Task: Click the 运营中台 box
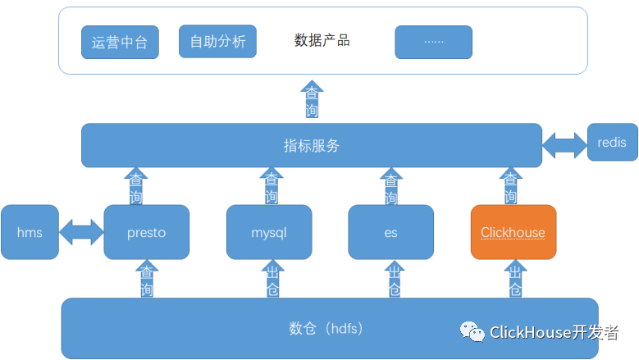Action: pyautogui.click(x=120, y=43)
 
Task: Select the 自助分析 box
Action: pyautogui.click(x=217, y=41)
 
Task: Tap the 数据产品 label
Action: pyautogui.click(x=322, y=40)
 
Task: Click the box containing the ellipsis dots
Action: pyautogui.click(x=433, y=42)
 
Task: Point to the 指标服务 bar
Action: pyautogui.click(x=312, y=146)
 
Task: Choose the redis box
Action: pyautogui.click(x=612, y=143)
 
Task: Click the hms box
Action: pyautogui.click(x=30, y=233)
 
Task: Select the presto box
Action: pyautogui.click(x=147, y=233)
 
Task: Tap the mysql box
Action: pyautogui.click(x=269, y=233)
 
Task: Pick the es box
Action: pyautogui.click(x=390, y=233)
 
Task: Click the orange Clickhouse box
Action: pyautogui.click(x=513, y=233)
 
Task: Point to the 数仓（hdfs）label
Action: pyautogui.click(x=326, y=329)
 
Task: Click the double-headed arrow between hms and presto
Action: pyautogui.click(x=82, y=232)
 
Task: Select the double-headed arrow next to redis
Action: pyautogui.click(x=564, y=145)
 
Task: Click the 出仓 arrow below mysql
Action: pyautogui.click(x=272, y=280)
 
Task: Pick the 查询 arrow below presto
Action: pyautogui.click(x=147, y=280)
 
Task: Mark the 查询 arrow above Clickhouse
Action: pyautogui.click(x=510, y=187)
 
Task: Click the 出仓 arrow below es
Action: pyautogui.click(x=394, y=280)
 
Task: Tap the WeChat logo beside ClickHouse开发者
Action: pyautogui.click(x=472, y=331)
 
